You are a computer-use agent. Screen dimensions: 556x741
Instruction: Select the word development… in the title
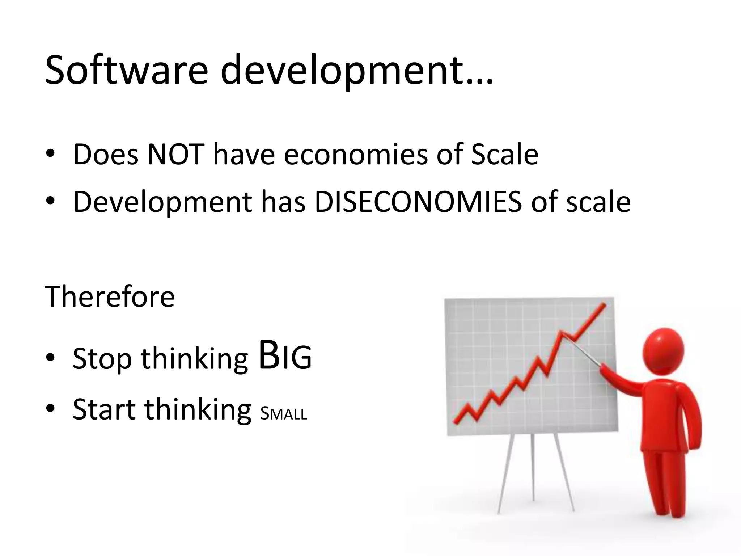356,71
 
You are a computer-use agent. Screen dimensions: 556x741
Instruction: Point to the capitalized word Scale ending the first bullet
505,155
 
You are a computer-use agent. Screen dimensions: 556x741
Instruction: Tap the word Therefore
110,296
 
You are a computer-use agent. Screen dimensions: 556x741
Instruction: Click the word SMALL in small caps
284,413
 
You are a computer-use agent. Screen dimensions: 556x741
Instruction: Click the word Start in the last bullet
104,409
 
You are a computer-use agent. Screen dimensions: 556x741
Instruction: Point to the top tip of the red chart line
604,305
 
